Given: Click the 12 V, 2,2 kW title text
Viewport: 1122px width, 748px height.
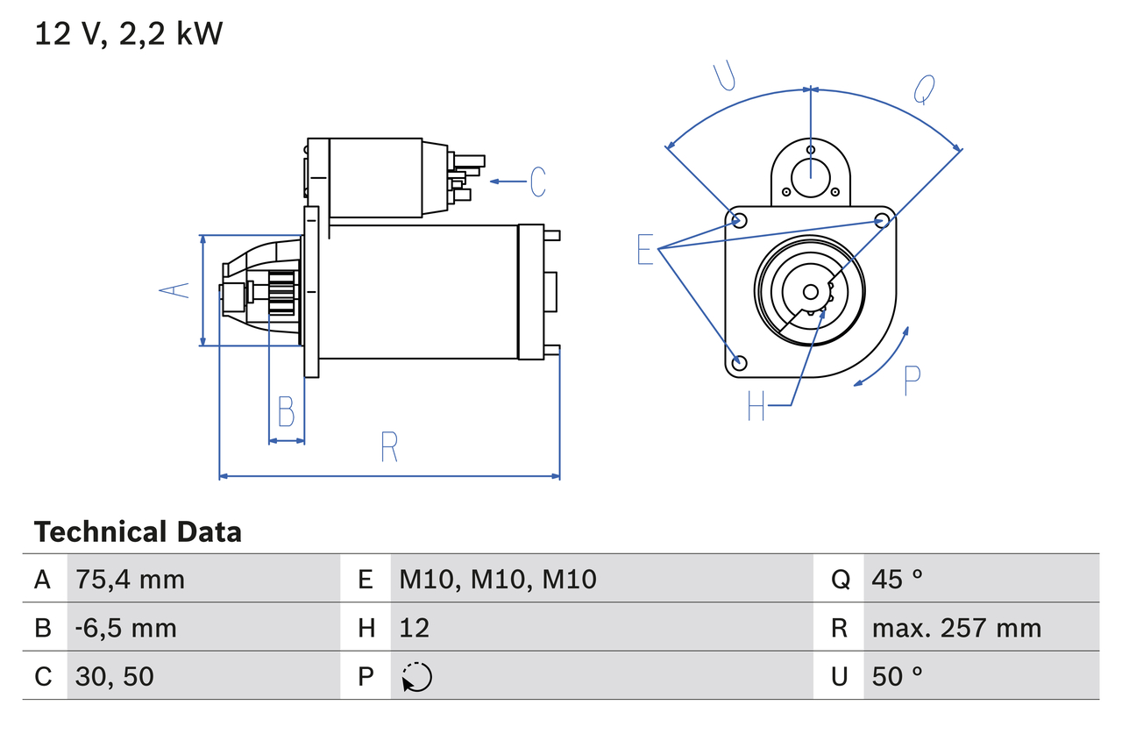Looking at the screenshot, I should coord(128,34).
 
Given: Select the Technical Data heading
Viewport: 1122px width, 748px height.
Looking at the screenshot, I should coord(138,532).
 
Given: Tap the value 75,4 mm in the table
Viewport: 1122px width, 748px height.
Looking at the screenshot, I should coord(130,579).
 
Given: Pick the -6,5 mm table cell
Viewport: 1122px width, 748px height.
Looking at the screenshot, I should coord(125,628).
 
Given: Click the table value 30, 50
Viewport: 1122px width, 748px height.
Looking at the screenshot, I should coord(115,676).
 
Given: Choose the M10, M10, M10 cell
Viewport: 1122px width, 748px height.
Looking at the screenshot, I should coord(497,579).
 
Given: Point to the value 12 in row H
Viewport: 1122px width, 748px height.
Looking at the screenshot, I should coord(414,628).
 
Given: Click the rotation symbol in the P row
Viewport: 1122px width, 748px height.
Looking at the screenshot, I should coord(416,677).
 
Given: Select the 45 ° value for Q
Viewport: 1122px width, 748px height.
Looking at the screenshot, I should coord(898,579).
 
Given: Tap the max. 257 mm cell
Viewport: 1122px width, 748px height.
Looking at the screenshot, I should coord(956,628).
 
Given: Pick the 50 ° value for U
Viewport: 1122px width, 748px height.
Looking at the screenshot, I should coord(898,676).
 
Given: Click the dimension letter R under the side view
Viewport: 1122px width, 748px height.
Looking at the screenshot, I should coord(389,448).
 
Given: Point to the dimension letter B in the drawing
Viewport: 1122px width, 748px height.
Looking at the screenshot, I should coord(286,411).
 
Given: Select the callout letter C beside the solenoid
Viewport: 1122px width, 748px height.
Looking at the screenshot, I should coord(537,182).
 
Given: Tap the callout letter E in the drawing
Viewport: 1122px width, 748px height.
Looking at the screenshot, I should coord(645,250).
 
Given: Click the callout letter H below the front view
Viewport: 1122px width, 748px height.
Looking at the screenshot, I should coord(756,405).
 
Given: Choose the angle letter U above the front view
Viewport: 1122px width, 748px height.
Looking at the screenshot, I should coord(724,76).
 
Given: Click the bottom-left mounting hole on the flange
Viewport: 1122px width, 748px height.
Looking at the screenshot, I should coord(739,362).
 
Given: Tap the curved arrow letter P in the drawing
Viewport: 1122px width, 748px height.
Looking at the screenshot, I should coord(912,380).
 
